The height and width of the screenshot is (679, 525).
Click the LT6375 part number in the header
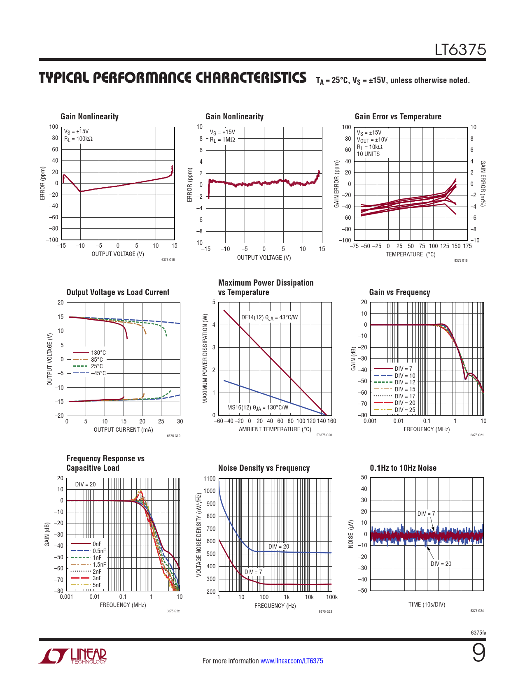[460, 50]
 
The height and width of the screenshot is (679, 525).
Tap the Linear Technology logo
[73, 656]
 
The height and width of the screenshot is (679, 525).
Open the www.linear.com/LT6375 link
[292, 661]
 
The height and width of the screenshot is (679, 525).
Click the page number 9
[478, 653]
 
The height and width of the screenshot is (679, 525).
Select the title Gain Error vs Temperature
[398, 116]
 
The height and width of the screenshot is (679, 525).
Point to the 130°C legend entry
[98, 353]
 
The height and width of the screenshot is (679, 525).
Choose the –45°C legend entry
[98, 373]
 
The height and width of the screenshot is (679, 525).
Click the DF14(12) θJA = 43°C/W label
[269, 317]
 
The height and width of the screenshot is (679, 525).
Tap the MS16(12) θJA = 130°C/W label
[258, 407]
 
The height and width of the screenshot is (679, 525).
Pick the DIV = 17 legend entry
[405, 396]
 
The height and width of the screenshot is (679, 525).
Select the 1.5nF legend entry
[99, 565]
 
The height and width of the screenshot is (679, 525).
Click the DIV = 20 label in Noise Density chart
[279, 546]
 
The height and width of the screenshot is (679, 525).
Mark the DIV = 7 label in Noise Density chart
[253, 572]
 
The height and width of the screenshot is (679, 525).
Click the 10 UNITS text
[368, 154]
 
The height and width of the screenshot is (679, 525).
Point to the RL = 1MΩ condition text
[222, 140]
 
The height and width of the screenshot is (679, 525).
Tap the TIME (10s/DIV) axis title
[427, 605]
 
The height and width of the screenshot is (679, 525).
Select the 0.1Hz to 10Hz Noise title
[403, 468]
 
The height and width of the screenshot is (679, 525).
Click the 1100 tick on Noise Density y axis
[209, 479]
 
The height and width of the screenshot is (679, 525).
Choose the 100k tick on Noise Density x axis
[331, 597]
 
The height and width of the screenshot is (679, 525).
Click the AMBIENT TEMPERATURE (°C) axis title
[275, 429]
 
